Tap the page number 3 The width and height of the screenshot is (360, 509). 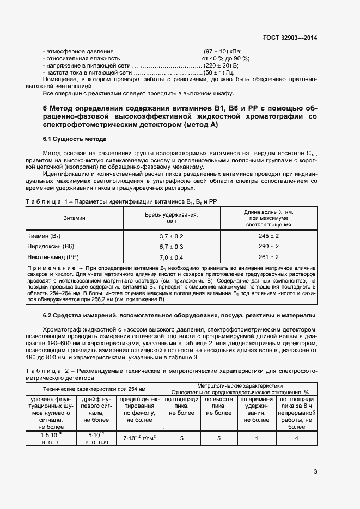[315, 471]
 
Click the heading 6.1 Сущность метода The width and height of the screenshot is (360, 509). [75, 139]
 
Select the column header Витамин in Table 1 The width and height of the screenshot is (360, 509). [74, 218]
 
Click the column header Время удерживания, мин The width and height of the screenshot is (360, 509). [171, 218]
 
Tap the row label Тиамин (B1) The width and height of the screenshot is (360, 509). [44, 236]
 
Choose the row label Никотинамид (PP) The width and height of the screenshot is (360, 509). [53, 257]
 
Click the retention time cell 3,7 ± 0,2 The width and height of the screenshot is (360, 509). [171, 236]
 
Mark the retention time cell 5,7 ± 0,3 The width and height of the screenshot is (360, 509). [171, 247]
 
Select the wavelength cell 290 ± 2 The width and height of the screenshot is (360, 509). [269, 247]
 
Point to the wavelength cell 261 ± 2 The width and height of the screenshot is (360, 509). [269, 257]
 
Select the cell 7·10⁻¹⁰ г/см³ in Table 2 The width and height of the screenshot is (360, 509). [139, 438]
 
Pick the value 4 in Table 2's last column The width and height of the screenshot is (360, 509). [296, 438]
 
